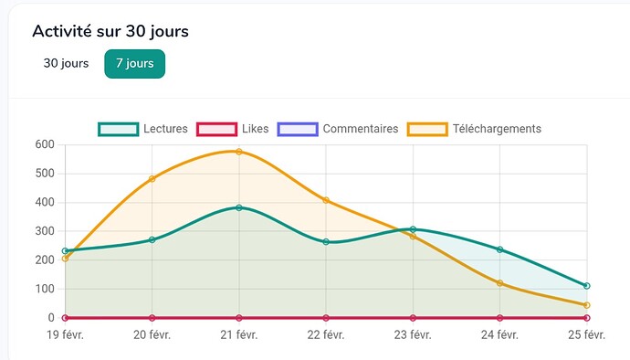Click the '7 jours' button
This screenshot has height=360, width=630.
click(x=134, y=64)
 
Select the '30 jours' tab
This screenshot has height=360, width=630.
click(x=66, y=64)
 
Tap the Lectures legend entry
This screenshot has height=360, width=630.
click(x=142, y=129)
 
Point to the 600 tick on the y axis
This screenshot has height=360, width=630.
click(x=43, y=144)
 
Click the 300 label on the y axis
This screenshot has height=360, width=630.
click(x=43, y=231)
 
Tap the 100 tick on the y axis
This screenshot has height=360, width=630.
click(x=43, y=289)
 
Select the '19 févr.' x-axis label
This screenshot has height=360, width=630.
click(x=65, y=335)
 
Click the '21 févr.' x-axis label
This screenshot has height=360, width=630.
click(x=239, y=335)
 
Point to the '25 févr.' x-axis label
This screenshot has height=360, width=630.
click(x=586, y=335)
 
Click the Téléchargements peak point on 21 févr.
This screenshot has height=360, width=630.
click(x=239, y=152)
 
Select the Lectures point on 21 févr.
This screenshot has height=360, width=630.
click(x=239, y=207)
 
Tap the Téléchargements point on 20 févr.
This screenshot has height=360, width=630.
click(x=152, y=179)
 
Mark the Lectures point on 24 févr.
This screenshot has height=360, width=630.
click(x=499, y=249)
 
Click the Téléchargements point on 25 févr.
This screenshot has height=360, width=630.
click(x=586, y=305)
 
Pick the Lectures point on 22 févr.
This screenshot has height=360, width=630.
click(x=326, y=242)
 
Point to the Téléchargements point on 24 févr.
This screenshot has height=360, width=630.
click(x=499, y=283)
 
